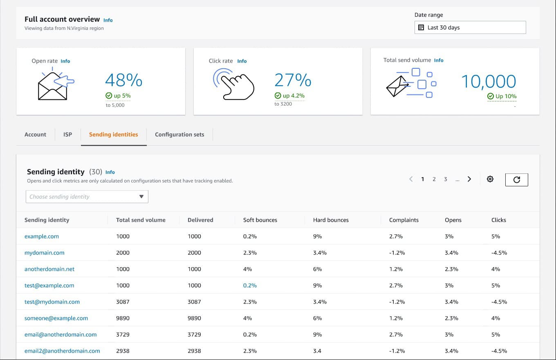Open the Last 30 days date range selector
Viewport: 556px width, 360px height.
pos(470,27)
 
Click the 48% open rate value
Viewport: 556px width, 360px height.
pos(123,80)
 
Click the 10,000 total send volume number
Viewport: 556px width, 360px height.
pos(489,81)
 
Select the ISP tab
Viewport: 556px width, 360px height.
pos(67,134)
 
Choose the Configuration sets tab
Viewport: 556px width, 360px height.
pos(179,134)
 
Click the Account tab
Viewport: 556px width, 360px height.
pos(36,134)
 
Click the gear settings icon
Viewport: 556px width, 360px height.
pos(490,179)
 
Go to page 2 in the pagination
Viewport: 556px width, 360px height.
pos(434,179)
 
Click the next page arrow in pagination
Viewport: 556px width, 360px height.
pos(469,179)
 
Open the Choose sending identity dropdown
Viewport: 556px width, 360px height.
pos(87,197)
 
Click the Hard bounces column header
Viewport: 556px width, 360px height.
pos(331,220)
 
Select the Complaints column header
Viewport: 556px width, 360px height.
pos(404,220)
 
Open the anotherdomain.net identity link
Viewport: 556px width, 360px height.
pos(49,269)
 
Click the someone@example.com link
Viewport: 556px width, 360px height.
pos(56,318)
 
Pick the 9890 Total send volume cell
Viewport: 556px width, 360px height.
pos(123,318)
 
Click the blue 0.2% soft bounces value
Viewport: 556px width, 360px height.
pos(250,285)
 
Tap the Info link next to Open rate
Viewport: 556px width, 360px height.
pos(65,61)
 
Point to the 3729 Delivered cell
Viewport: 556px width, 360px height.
pos(194,334)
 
